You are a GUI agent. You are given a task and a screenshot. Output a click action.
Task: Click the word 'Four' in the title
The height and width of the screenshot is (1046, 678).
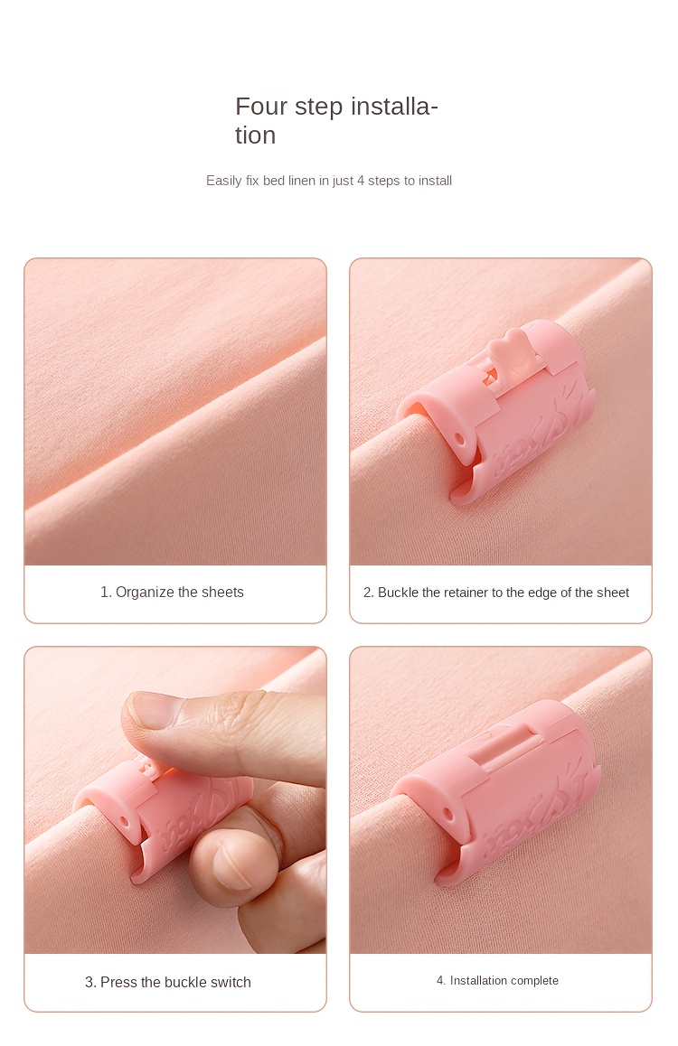(x=261, y=107)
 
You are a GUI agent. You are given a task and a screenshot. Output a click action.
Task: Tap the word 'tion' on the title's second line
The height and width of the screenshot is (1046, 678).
(x=255, y=135)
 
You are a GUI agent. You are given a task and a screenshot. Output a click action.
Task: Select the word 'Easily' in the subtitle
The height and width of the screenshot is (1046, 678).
(x=223, y=181)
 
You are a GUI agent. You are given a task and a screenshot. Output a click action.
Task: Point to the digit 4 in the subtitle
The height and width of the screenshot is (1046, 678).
(x=361, y=181)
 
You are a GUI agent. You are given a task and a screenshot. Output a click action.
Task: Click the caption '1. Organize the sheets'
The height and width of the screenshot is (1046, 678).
(x=172, y=593)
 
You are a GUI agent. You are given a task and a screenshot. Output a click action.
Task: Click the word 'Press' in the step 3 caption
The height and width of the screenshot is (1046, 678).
(x=118, y=982)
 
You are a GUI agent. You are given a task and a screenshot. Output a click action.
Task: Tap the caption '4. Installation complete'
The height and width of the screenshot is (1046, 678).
(x=497, y=981)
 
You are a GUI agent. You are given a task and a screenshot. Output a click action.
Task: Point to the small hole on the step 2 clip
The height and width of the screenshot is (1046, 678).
(x=458, y=440)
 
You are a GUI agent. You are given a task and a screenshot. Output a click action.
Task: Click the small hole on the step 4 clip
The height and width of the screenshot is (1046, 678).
(x=447, y=815)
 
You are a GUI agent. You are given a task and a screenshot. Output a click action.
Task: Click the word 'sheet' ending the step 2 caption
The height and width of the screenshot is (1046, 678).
(x=614, y=593)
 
